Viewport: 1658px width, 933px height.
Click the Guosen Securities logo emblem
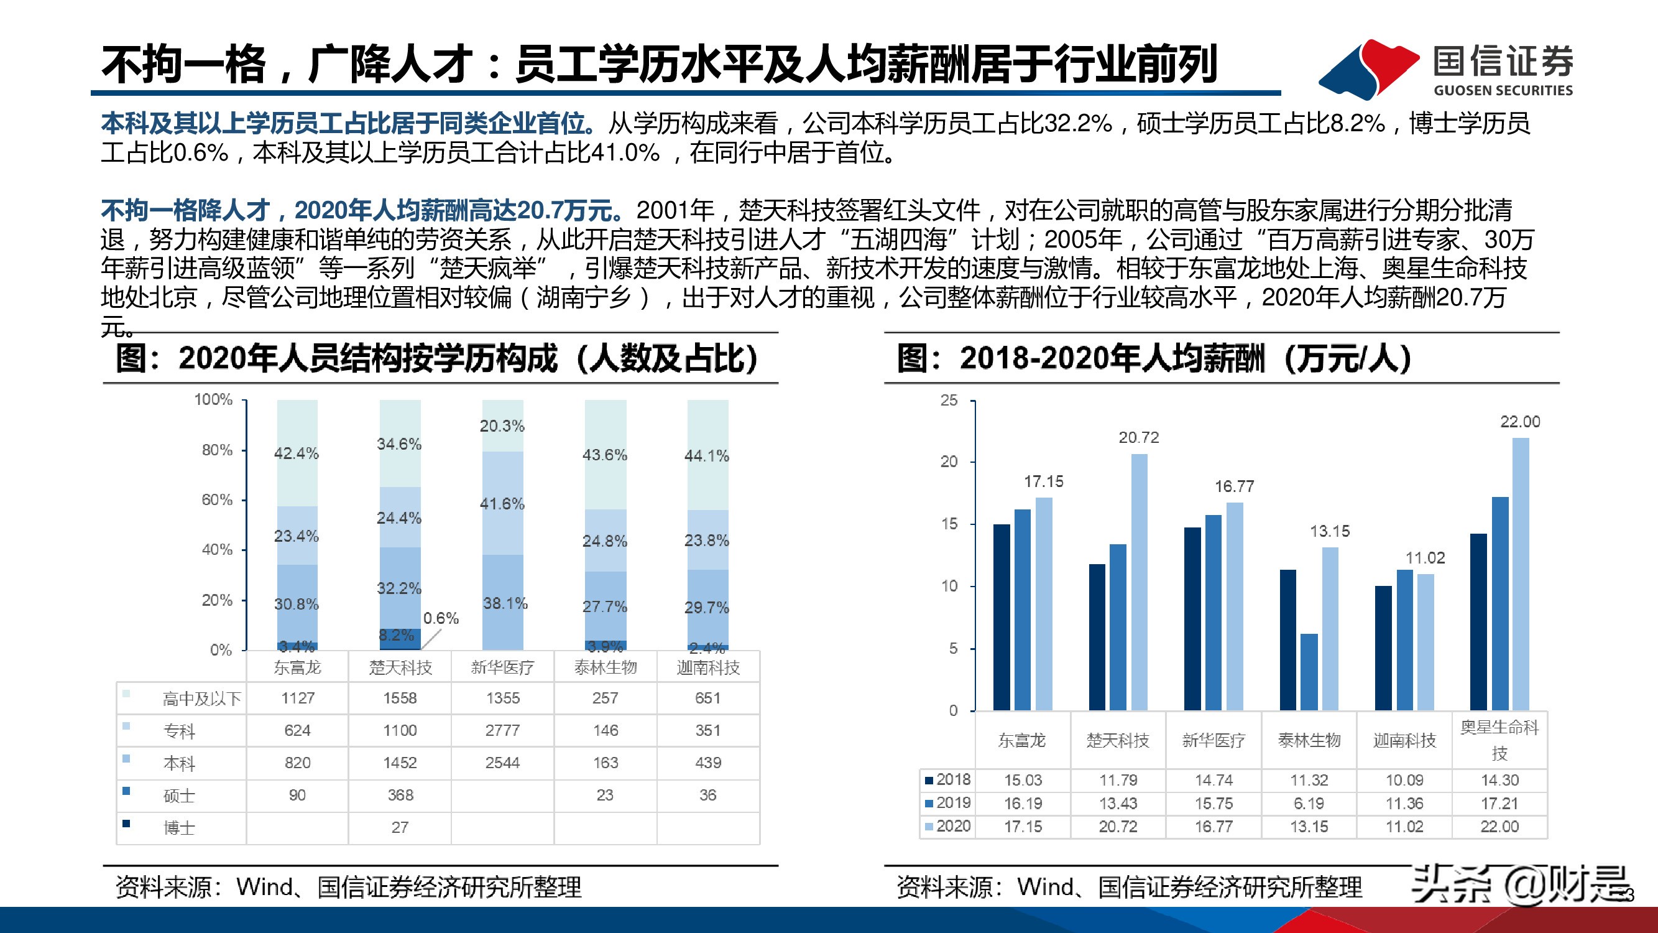1368,68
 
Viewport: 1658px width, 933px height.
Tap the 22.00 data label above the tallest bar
1519,422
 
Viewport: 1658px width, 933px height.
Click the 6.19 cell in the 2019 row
1309,803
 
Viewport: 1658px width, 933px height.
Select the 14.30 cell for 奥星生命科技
1499,780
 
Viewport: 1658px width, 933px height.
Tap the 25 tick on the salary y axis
949,401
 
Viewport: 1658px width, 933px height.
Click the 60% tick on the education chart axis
217,499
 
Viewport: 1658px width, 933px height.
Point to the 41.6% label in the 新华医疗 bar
502,504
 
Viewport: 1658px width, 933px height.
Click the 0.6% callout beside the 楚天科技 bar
441,618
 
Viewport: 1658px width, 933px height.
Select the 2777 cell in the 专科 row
502,730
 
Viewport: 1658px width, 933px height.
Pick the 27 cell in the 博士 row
400,827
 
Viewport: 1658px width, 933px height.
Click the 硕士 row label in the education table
179,796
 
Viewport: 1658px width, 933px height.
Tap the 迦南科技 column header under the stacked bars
708,667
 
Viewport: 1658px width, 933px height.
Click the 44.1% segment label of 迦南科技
707,456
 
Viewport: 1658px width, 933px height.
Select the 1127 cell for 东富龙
297,698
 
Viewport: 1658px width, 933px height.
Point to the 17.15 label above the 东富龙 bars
1043,481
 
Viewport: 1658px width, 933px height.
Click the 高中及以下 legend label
201,699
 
